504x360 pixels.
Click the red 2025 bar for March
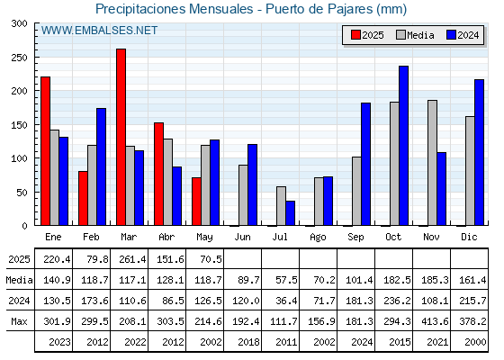click(121, 137)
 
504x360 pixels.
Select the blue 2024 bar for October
click(404, 146)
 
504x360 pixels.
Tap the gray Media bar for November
click(432, 163)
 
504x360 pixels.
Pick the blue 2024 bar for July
click(290, 213)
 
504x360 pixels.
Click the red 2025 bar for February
click(83, 198)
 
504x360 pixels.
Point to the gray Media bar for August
click(319, 202)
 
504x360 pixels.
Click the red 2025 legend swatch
click(355, 35)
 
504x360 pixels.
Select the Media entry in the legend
click(415, 35)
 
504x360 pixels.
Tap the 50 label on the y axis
click(22, 193)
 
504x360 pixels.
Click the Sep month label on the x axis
click(355, 238)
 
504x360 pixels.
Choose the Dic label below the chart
click(469, 237)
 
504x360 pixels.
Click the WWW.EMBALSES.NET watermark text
click(99, 31)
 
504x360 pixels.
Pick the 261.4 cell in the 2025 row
click(132, 259)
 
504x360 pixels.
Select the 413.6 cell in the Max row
click(435, 321)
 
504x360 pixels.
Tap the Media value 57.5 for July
click(287, 280)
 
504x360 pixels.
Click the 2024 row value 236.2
click(397, 301)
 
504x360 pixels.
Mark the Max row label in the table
click(19, 321)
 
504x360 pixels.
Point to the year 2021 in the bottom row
click(437, 342)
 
